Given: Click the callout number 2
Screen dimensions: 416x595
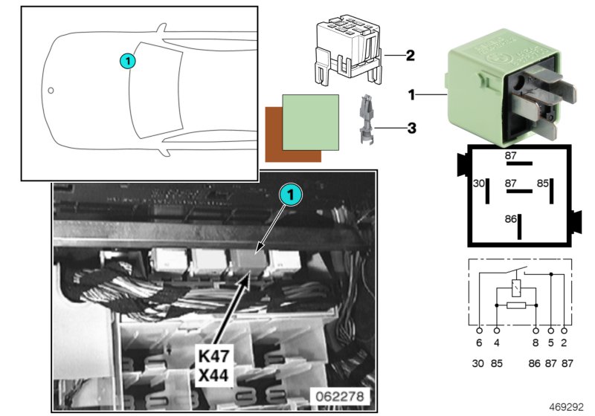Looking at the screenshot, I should tap(410, 55).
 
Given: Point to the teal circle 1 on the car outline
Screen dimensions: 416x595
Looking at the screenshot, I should tap(128, 61).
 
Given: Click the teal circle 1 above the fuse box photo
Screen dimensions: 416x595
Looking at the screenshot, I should tap(291, 195).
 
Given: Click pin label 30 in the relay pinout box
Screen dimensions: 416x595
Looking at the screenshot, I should tap(479, 183).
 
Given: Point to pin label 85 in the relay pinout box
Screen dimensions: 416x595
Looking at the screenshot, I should tap(543, 183).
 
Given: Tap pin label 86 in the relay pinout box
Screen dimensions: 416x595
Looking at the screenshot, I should tap(511, 219).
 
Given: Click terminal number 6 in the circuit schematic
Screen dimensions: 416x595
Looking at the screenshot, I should tap(479, 344).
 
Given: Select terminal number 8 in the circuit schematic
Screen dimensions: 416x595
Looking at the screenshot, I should tap(535, 344).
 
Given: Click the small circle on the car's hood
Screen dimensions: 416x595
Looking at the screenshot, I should tap(51, 91).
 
